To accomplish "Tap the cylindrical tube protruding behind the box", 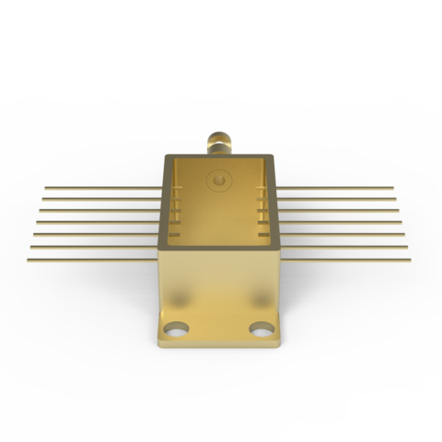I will click(219, 143).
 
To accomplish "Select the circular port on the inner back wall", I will click(219, 180).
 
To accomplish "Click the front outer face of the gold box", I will click(219, 285).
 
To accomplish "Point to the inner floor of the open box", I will click(219, 230).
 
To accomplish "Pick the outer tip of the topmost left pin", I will click(46, 189).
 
